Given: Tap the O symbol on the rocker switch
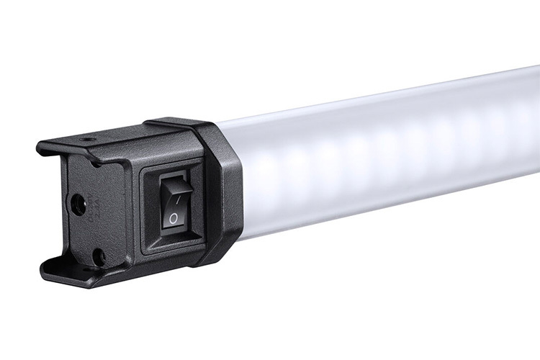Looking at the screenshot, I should click(x=174, y=217).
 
